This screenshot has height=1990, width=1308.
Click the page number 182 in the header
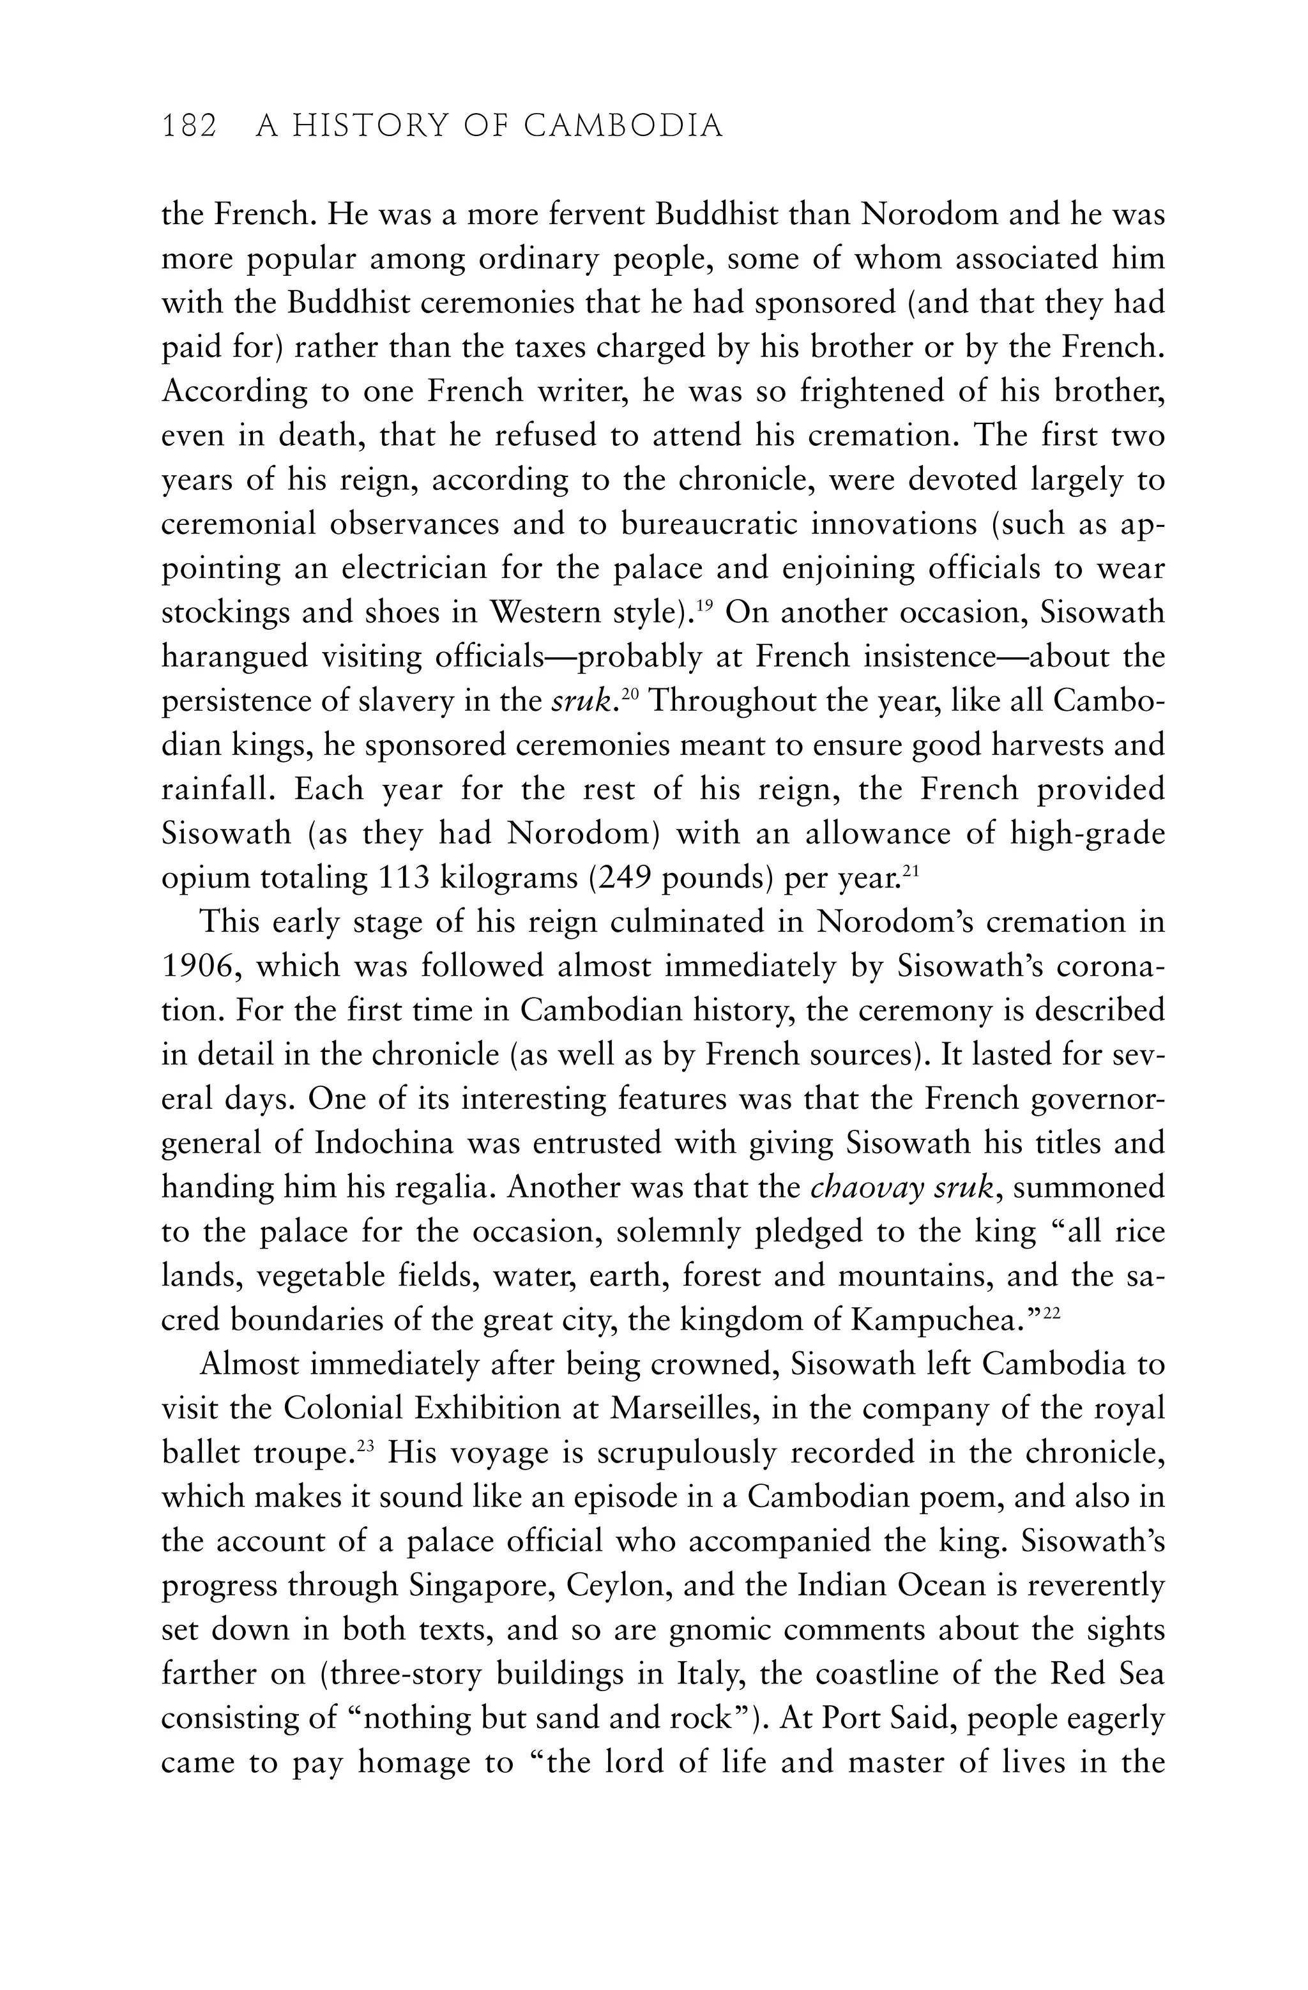point(189,126)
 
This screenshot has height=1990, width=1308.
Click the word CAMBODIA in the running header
point(623,126)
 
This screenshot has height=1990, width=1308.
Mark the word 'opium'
point(205,879)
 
